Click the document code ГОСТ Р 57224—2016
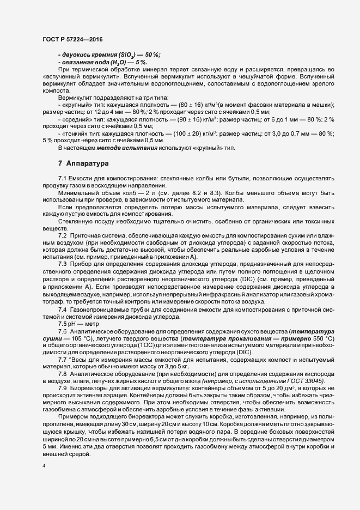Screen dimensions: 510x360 point(72,39)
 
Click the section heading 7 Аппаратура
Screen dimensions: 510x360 point(84,163)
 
